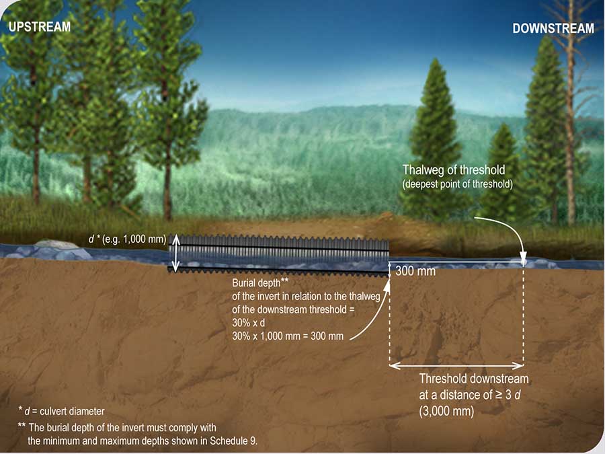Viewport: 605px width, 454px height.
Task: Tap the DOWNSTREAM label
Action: [x=553, y=28]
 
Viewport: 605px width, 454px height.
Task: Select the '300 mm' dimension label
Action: [x=416, y=272]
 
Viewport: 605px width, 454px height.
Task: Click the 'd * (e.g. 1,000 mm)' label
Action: [x=127, y=238]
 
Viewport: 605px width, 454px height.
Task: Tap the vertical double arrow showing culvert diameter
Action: [x=175, y=252]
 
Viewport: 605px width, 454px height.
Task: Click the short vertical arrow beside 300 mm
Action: [x=390, y=269]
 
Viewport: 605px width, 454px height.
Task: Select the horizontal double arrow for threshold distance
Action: [x=456, y=367]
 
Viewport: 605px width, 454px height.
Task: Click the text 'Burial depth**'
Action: [x=260, y=282]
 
